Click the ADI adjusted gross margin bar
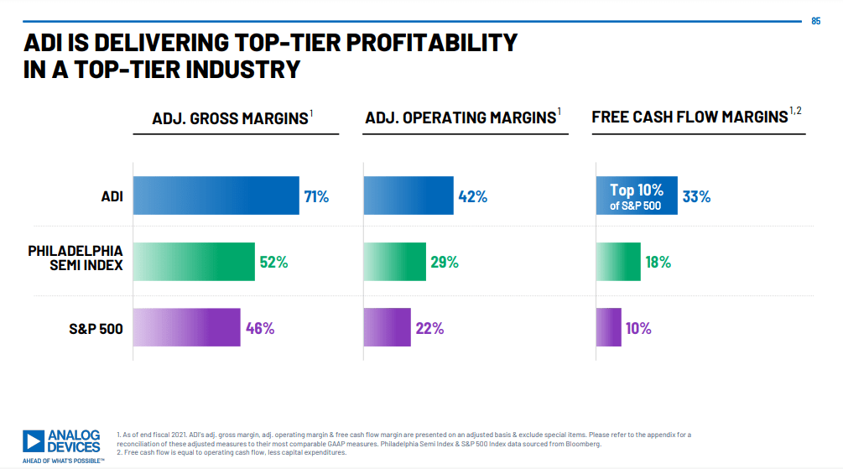pos(216,196)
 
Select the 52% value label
pos(273,262)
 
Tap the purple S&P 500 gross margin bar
pos(186,328)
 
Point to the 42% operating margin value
pos(473,197)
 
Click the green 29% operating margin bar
pos(394,262)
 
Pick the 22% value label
pos(429,328)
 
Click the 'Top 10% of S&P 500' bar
pos(637,196)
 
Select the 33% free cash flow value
pos(696,197)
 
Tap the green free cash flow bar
pos(618,262)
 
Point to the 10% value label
pos(638,328)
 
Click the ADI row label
pos(109,197)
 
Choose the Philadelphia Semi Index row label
pos(75,258)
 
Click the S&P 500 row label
pos(96,328)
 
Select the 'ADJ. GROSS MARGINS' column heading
pos(230,118)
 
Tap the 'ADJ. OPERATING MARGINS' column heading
pos(461,118)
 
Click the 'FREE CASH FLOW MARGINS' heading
pos(690,117)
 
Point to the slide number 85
pos(816,21)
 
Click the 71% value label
pos(316,197)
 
